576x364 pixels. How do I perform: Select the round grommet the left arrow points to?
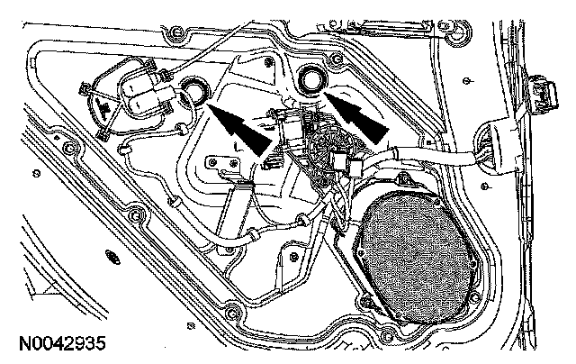click(192, 90)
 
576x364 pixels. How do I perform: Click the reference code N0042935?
click(61, 344)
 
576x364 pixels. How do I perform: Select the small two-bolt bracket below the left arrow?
click(222, 165)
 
